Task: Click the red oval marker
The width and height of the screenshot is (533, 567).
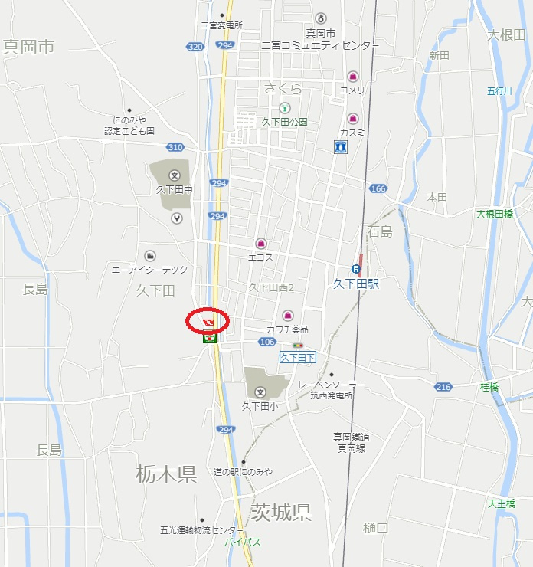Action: pos(208,320)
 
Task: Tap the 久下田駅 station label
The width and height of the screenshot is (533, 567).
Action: pos(356,283)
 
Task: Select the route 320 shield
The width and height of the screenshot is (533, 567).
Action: pos(195,47)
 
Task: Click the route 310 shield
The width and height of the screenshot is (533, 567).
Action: pos(175,146)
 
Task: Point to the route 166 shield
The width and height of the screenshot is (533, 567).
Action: pos(378,188)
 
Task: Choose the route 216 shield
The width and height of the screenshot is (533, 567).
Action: pos(443,387)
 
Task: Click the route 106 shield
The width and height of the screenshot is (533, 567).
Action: pos(267,342)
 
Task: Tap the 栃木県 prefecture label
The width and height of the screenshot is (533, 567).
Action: pos(167,474)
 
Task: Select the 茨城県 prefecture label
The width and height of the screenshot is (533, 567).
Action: pos(280,512)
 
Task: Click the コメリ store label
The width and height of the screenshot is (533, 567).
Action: pos(353,90)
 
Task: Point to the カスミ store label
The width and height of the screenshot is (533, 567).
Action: pos(352,133)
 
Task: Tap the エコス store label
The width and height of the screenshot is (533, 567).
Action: pos(260,257)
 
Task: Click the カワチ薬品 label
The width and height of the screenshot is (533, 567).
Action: pos(287,329)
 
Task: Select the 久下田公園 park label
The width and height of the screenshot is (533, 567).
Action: pos(285,122)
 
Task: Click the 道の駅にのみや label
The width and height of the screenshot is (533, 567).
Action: pos(244,472)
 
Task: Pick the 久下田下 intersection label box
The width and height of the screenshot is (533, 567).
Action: pos(298,357)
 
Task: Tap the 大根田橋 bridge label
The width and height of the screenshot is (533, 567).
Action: pos(495,214)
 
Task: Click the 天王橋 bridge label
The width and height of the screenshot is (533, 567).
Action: pos(502,503)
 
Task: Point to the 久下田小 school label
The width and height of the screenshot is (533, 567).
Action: pos(260,406)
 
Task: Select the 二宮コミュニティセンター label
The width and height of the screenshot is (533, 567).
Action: pos(320,46)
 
